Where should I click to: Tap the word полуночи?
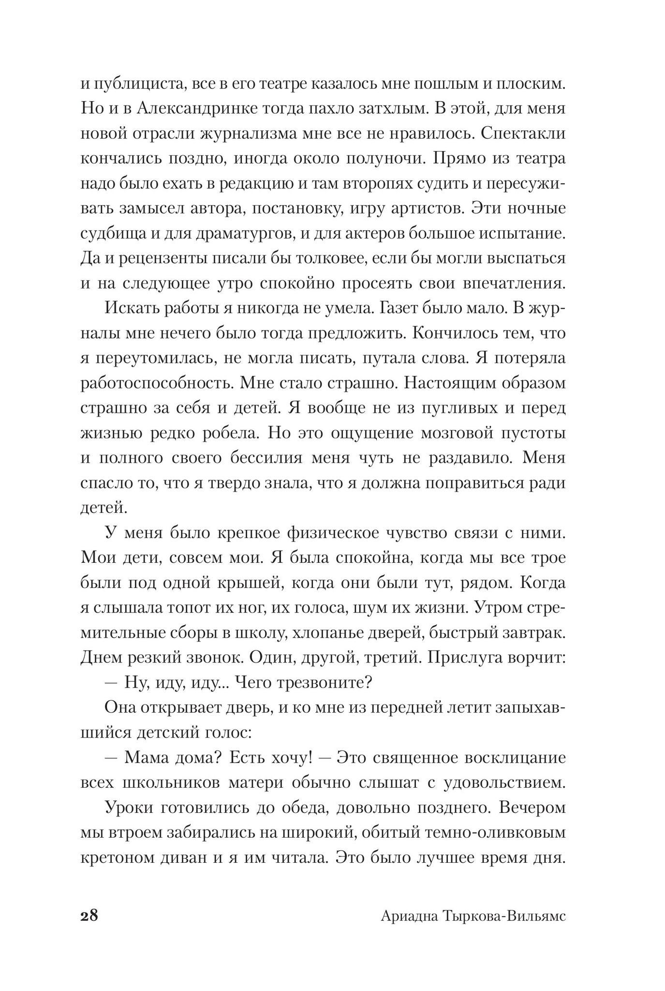(x=380, y=159)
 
